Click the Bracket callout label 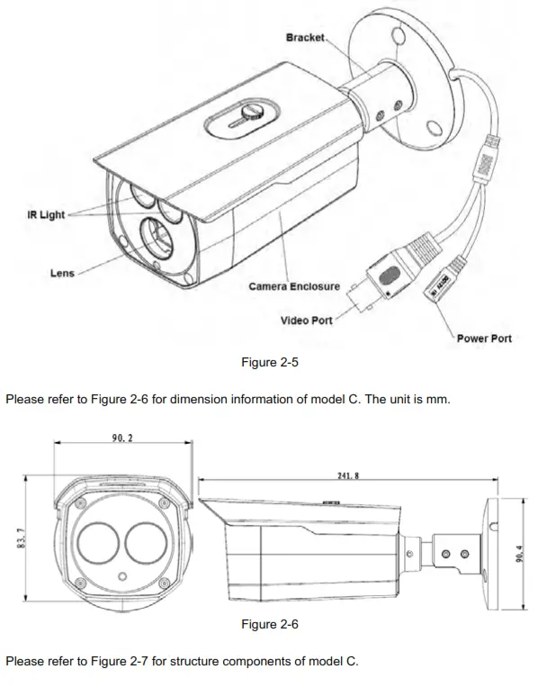point(305,38)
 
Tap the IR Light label point(45,215)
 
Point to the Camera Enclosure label point(294,287)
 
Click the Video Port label point(306,321)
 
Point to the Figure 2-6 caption point(269,624)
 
